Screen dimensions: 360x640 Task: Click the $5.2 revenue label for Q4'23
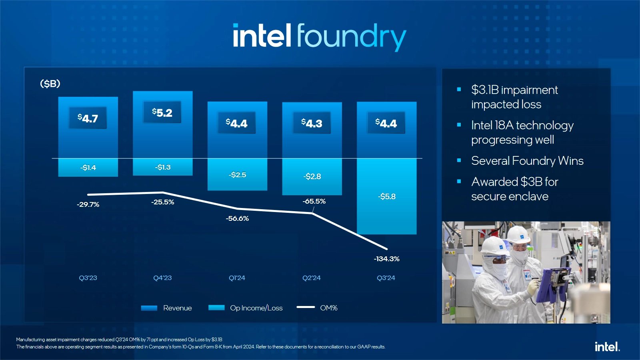(162, 113)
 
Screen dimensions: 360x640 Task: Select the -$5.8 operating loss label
(386, 196)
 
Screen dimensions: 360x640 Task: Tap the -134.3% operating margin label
(386, 259)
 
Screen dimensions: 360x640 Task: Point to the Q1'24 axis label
(237, 278)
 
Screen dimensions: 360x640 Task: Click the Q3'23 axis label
(88, 278)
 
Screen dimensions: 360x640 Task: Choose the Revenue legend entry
(177, 308)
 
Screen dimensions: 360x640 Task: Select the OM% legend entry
(328, 308)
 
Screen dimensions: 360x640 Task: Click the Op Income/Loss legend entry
(256, 308)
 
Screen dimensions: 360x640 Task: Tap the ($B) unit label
(50, 84)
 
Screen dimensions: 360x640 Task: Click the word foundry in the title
(351, 37)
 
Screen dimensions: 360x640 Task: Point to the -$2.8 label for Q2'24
(312, 176)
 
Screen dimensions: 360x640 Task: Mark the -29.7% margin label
(88, 204)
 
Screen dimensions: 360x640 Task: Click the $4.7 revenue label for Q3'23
(88, 118)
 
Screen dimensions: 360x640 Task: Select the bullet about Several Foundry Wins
(527, 161)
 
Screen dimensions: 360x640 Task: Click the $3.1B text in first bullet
(485, 90)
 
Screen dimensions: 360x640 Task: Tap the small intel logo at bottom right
(607, 346)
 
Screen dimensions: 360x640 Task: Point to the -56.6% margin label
(237, 218)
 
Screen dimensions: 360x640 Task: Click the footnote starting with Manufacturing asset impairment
(119, 340)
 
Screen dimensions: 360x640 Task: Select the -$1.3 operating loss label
(162, 167)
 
